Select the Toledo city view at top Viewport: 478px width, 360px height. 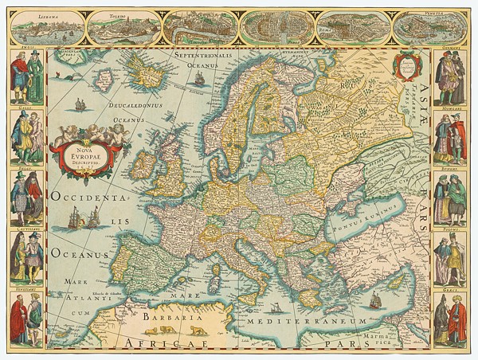tap(122, 27)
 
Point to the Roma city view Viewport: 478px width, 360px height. tap(355, 27)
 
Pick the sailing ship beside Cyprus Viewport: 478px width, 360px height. tap(374, 301)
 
